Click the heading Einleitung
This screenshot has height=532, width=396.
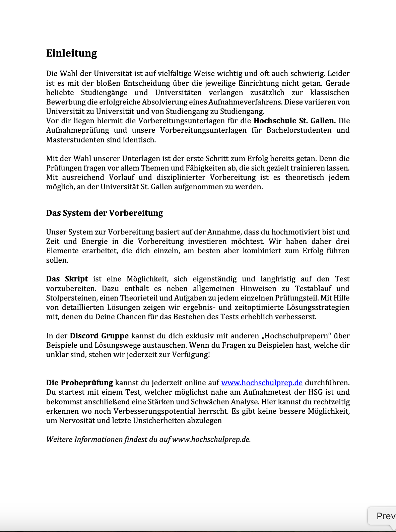click(71, 53)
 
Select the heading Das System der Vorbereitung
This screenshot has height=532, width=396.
click(104, 213)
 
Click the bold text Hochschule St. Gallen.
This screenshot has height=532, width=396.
click(294, 121)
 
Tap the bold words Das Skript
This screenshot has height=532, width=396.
click(67, 279)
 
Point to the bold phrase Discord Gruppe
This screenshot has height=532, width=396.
click(99, 336)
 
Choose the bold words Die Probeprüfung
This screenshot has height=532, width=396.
click(79, 383)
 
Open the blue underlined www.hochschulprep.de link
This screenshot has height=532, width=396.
click(262, 383)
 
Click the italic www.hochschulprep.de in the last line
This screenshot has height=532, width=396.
click(211, 439)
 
